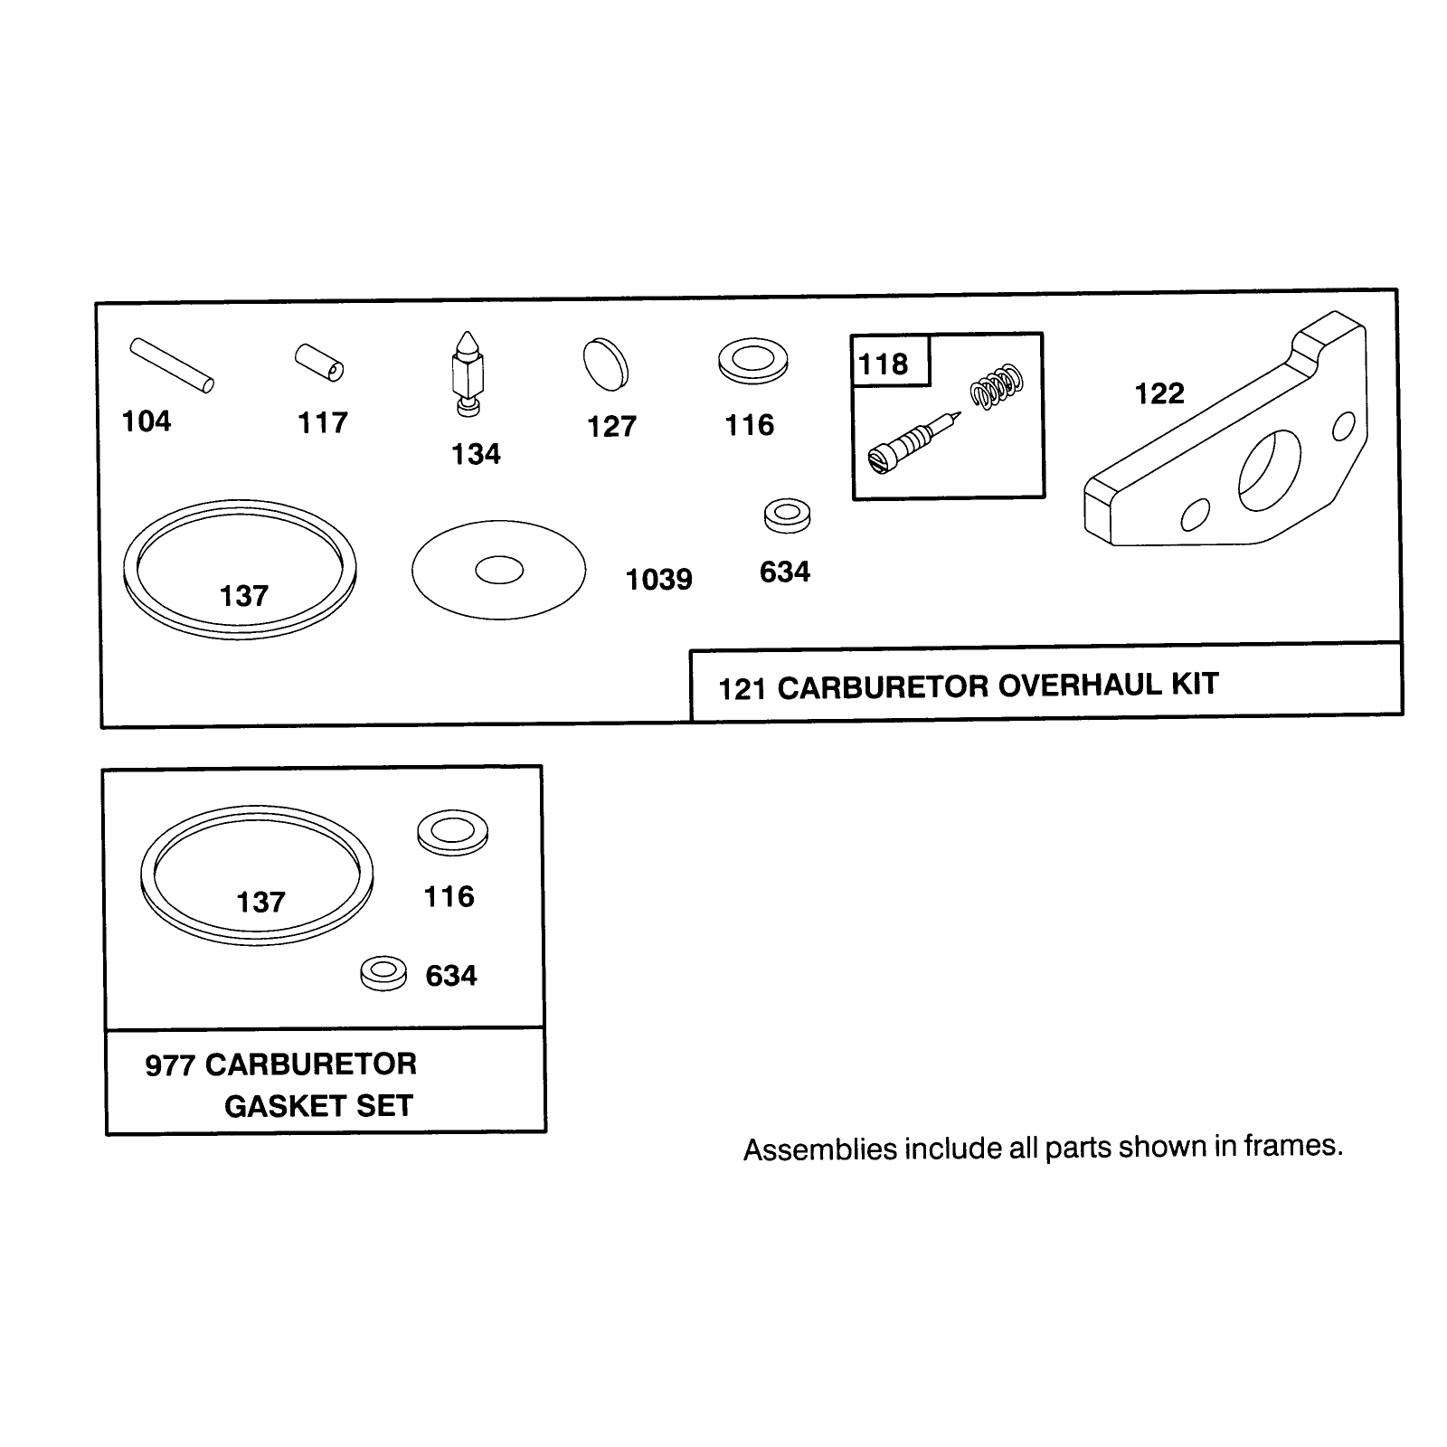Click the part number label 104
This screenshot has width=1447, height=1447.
147,421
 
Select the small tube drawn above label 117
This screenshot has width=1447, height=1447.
319,361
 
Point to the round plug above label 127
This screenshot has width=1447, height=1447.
606,364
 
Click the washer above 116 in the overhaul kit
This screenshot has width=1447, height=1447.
752,360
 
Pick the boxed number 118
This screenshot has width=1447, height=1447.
883,364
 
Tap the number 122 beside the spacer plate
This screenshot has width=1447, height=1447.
1159,393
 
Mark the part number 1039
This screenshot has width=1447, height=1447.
659,579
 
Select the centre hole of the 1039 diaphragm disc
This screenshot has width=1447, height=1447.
499,570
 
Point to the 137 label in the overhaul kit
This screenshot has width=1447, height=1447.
244,596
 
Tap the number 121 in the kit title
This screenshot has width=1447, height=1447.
742,689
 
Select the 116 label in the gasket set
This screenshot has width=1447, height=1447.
449,896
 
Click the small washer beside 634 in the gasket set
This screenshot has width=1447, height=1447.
383,972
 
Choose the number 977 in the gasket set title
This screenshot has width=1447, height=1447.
170,1065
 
